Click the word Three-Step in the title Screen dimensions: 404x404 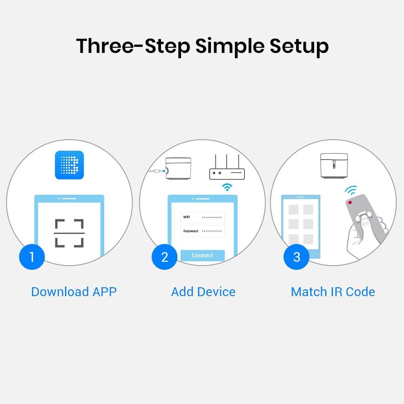tap(133, 46)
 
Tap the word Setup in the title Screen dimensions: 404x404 tap(299, 46)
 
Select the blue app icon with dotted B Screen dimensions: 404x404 tap(69, 165)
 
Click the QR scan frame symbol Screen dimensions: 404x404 tap(69, 233)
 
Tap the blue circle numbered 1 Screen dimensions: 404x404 tap(32, 257)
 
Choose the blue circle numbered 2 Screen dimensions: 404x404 tap(164, 257)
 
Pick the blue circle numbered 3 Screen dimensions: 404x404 tap(296, 257)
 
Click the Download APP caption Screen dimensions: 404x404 tap(74, 292)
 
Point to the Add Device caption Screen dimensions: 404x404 tap(203, 292)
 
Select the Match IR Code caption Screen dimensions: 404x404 tap(333, 292)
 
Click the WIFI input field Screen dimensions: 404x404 tap(202, 217)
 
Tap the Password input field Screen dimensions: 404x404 tap(202, 231)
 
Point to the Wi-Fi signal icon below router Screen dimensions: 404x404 tap(227, 187)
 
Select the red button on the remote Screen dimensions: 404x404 tap(350, 202)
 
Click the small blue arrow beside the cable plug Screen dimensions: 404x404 tap(164, 171)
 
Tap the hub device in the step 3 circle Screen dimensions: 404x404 tap(334, 165)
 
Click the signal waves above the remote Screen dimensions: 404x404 tap(351, 190)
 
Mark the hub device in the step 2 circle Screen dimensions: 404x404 tap(178, 168)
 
